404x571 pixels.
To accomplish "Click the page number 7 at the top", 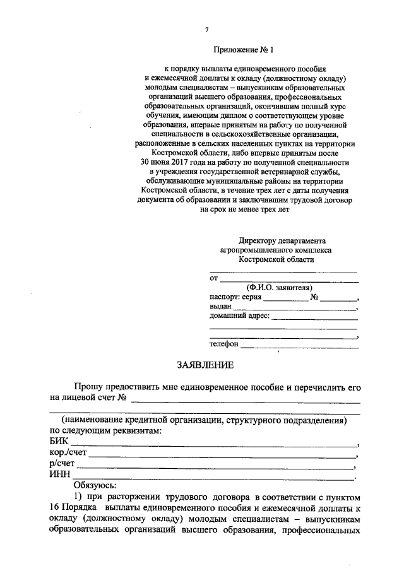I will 206,30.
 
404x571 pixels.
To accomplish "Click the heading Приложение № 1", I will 245,49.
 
